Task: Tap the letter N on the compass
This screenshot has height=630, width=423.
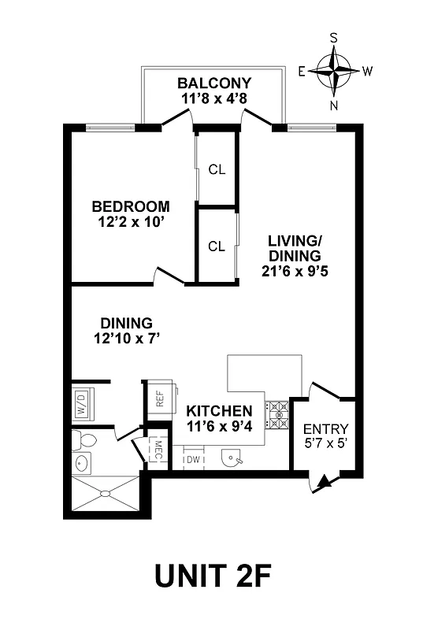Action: [x=334, y=105]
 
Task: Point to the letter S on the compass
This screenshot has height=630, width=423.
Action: [x=334, y=38]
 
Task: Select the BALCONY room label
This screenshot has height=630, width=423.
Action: [x=213, y=83]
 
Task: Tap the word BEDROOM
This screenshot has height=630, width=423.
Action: [x=131, y=206]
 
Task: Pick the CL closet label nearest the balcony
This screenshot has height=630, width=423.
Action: [x=217, y=169]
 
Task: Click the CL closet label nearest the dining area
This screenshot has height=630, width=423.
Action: [x=217, y=246]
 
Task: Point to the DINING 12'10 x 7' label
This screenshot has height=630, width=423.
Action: [x=126, y=331]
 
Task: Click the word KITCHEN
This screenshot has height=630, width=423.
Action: [x=220, y=411]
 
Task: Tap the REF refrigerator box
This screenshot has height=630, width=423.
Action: [x=159, y=400]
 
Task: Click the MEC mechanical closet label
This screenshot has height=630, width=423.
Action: [x=158, y=450]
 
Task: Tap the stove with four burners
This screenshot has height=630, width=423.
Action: [x=277, y=415]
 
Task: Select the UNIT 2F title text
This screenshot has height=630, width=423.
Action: [x=213, y=576]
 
